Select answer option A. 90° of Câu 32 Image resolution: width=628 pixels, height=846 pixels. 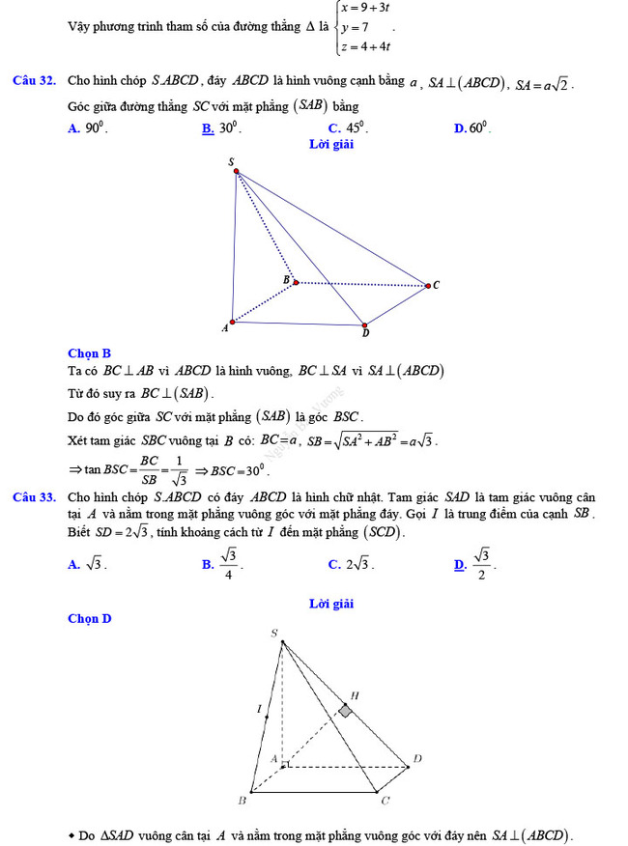(x=88, y=127)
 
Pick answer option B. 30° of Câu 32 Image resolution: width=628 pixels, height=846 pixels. (x=221, y=127)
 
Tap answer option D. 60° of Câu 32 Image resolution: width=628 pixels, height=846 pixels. (x=472, y=127)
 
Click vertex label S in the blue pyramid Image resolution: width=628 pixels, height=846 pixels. (x=231, y=162)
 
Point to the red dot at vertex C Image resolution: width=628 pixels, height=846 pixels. (x=427, y=285)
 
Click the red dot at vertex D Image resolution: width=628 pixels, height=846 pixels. (x=364, y=324)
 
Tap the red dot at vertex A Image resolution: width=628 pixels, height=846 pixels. (x=232, y=322)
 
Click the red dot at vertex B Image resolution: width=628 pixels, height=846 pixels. (x=296, y=282)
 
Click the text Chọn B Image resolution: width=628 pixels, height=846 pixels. (x=90, y=353)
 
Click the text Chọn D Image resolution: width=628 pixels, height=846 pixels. (x=90, y=618)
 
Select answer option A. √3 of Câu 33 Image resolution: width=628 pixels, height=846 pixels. (x=87, y=565)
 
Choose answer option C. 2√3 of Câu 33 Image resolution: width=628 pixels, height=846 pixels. (x=352, y=565)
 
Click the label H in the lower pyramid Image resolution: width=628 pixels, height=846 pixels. (x=355, y=694)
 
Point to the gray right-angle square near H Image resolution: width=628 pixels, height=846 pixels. (x=345, y=711)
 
